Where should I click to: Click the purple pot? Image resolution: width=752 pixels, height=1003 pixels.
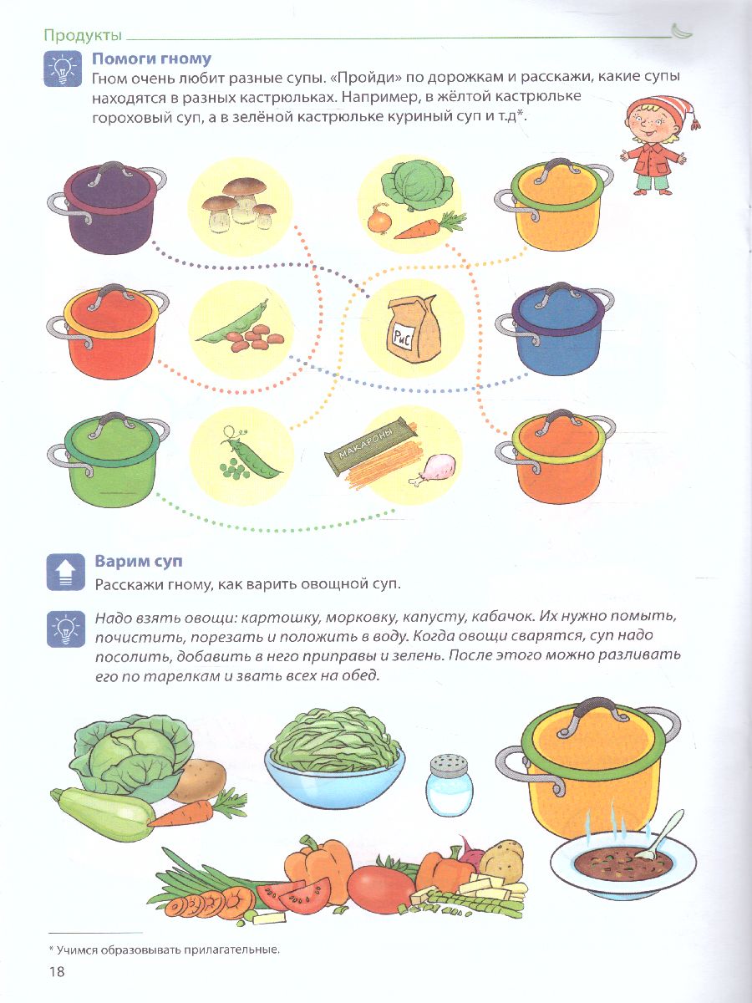pyautogui.click(x=107, y=208)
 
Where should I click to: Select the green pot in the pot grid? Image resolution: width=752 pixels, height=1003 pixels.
pyautogui.click(x=109, y=461)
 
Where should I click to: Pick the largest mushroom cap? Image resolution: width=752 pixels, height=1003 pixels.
pyautogui.click(x=244, y=186)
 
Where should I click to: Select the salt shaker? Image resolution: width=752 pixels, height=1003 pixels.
pyautogui.click(x=450, y=785)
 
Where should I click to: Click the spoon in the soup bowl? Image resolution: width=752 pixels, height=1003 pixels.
pyautogui.click(x=660, y=835)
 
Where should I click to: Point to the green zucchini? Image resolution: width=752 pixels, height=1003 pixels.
pyautogui.click(x=102, y=814)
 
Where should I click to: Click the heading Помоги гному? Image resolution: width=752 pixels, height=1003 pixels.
pyautogui.click(x=152, y=59)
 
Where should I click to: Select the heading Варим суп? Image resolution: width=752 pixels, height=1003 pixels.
pyautogui.click(x=139, y=561)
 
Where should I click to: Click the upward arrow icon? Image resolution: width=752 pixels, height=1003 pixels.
pyautogui.click(x=66, y=572)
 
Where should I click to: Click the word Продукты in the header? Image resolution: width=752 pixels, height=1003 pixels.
pyautogui.click(x=83, y=36)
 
